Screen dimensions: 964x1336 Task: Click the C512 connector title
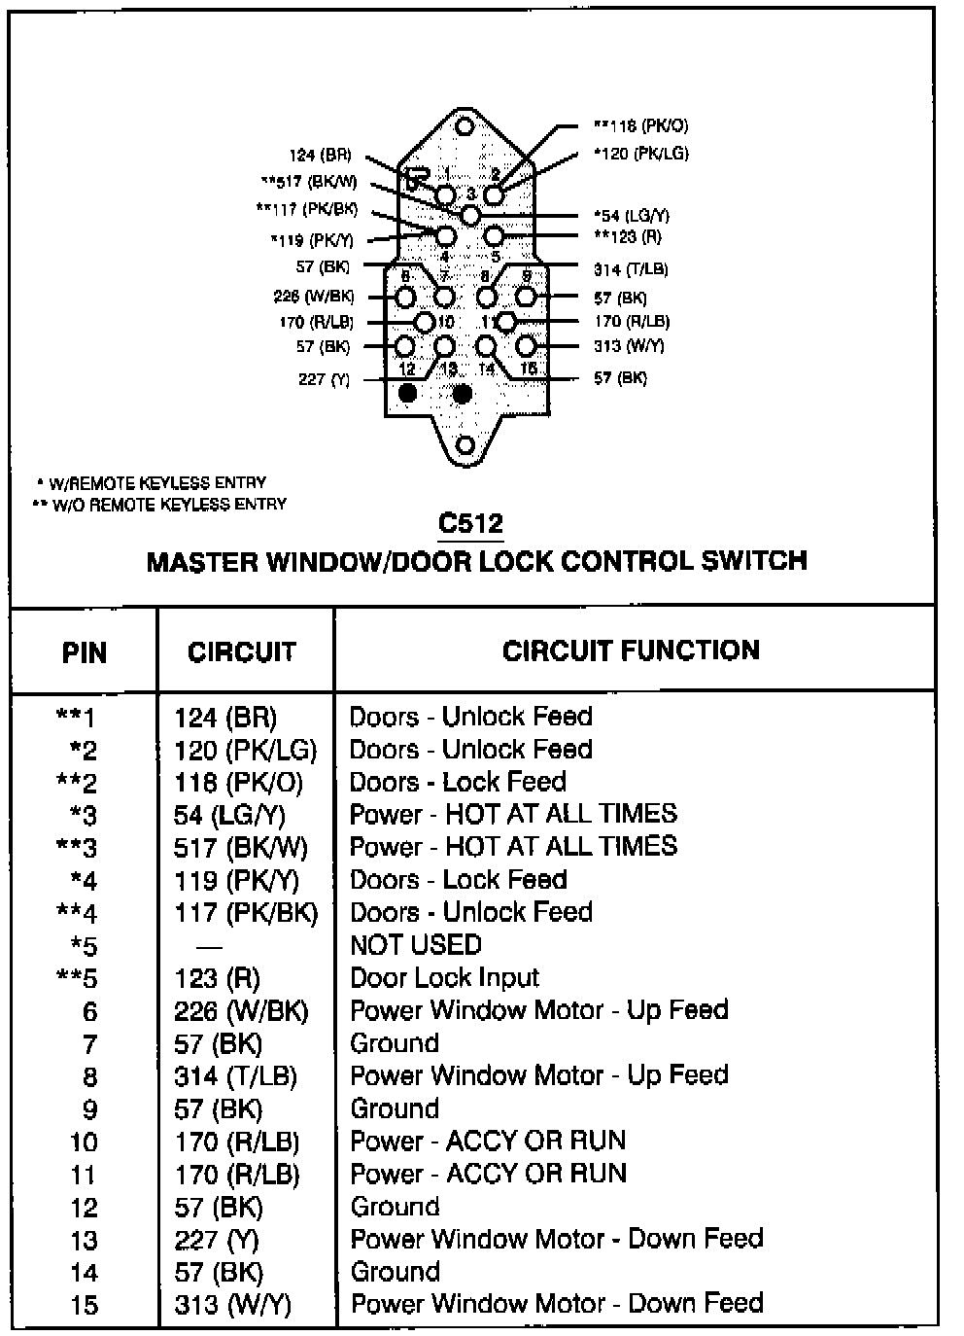(x=470, y=523)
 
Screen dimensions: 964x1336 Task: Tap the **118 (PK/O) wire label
(x=640, y=125)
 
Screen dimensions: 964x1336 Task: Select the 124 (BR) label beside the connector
(x=320, y=155)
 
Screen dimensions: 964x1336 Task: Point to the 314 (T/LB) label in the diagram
(x=631, y=269)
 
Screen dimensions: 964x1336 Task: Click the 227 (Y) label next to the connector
(x=324, y=379)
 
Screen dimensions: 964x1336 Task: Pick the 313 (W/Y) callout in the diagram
(x=629, y=346)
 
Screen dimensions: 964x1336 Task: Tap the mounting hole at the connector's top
(x=465, y=126)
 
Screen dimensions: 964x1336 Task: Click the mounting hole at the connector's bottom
(x=465, y=445)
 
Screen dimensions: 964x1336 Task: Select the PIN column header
(x=85, y=652)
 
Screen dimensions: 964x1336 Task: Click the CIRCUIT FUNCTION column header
(x=631, y=650)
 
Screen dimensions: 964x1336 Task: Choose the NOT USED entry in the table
(x=416, y=945)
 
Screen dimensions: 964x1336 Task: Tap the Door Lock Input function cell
(x=444, y=977)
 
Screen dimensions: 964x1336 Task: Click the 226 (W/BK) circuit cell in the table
(x=241, y=1011)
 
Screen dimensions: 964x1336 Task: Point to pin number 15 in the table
(x=84, y=1304)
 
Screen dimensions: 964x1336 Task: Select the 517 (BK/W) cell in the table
(x=240, y=848)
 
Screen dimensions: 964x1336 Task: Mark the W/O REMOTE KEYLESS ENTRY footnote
(x=159, y=505)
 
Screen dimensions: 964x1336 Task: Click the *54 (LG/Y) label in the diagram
(x=632, y=215)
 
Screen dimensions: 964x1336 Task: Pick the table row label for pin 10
(x=84, y=1142)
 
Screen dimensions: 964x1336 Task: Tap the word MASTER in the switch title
(x=201, y=561)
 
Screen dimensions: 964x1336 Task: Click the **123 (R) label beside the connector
(x=628, y=237)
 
